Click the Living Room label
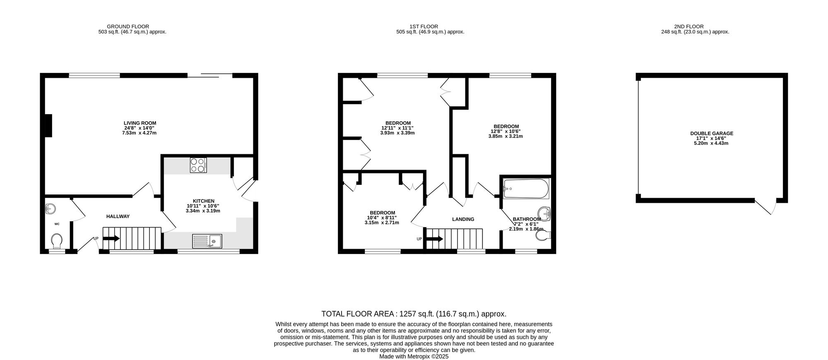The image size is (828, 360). pos(140,123)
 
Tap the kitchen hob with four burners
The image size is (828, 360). pos(198,166)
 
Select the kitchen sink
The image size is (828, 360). pos(207,241)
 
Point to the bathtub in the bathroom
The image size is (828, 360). pos(526,189)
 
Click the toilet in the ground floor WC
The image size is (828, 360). pos(57,241)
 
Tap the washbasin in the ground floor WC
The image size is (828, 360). pos(51,208)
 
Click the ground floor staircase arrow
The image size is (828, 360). pos(111,238)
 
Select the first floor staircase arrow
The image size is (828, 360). pos(435,239)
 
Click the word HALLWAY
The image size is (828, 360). pos(118,216)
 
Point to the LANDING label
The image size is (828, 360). pos(463,219)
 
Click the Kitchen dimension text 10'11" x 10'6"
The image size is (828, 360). pos(203,206)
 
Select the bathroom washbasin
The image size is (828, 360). pos(546,213)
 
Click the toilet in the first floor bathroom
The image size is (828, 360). pos(544,235)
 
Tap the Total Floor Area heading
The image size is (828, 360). pos(414,314)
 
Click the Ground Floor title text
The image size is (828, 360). pos(128,26)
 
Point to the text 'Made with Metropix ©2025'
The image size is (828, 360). pos(414,356)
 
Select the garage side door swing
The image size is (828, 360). pos(766,207)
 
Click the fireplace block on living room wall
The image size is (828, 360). pos(48,125)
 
